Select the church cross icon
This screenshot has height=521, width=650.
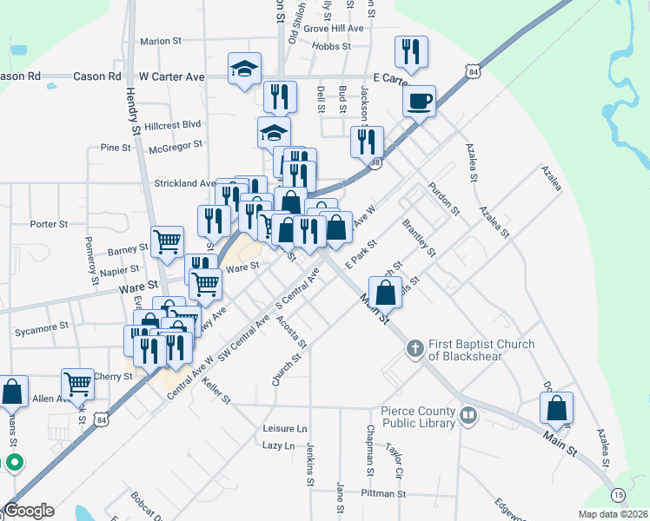click(415, 349)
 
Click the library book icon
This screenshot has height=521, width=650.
click(468, 416)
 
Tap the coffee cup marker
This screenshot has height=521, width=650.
click(419, 100)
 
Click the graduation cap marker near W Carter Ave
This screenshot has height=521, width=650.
click(245, 68)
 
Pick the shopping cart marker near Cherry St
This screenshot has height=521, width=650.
click(78, 382)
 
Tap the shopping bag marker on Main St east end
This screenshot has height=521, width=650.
click(556, 407)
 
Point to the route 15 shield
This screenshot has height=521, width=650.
click(618, 494)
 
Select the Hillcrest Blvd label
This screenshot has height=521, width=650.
click(173, 125)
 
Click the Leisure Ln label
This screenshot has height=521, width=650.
click(285, 429)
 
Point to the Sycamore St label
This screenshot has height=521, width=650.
click(42, 330)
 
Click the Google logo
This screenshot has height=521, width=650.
click(29, 511)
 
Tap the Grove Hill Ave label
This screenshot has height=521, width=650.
click(334, 29)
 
